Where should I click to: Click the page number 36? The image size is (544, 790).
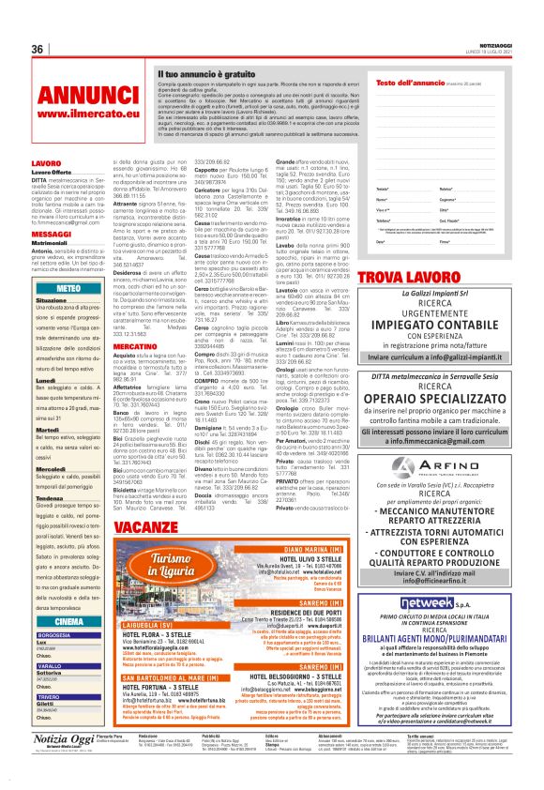point(38,49)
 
